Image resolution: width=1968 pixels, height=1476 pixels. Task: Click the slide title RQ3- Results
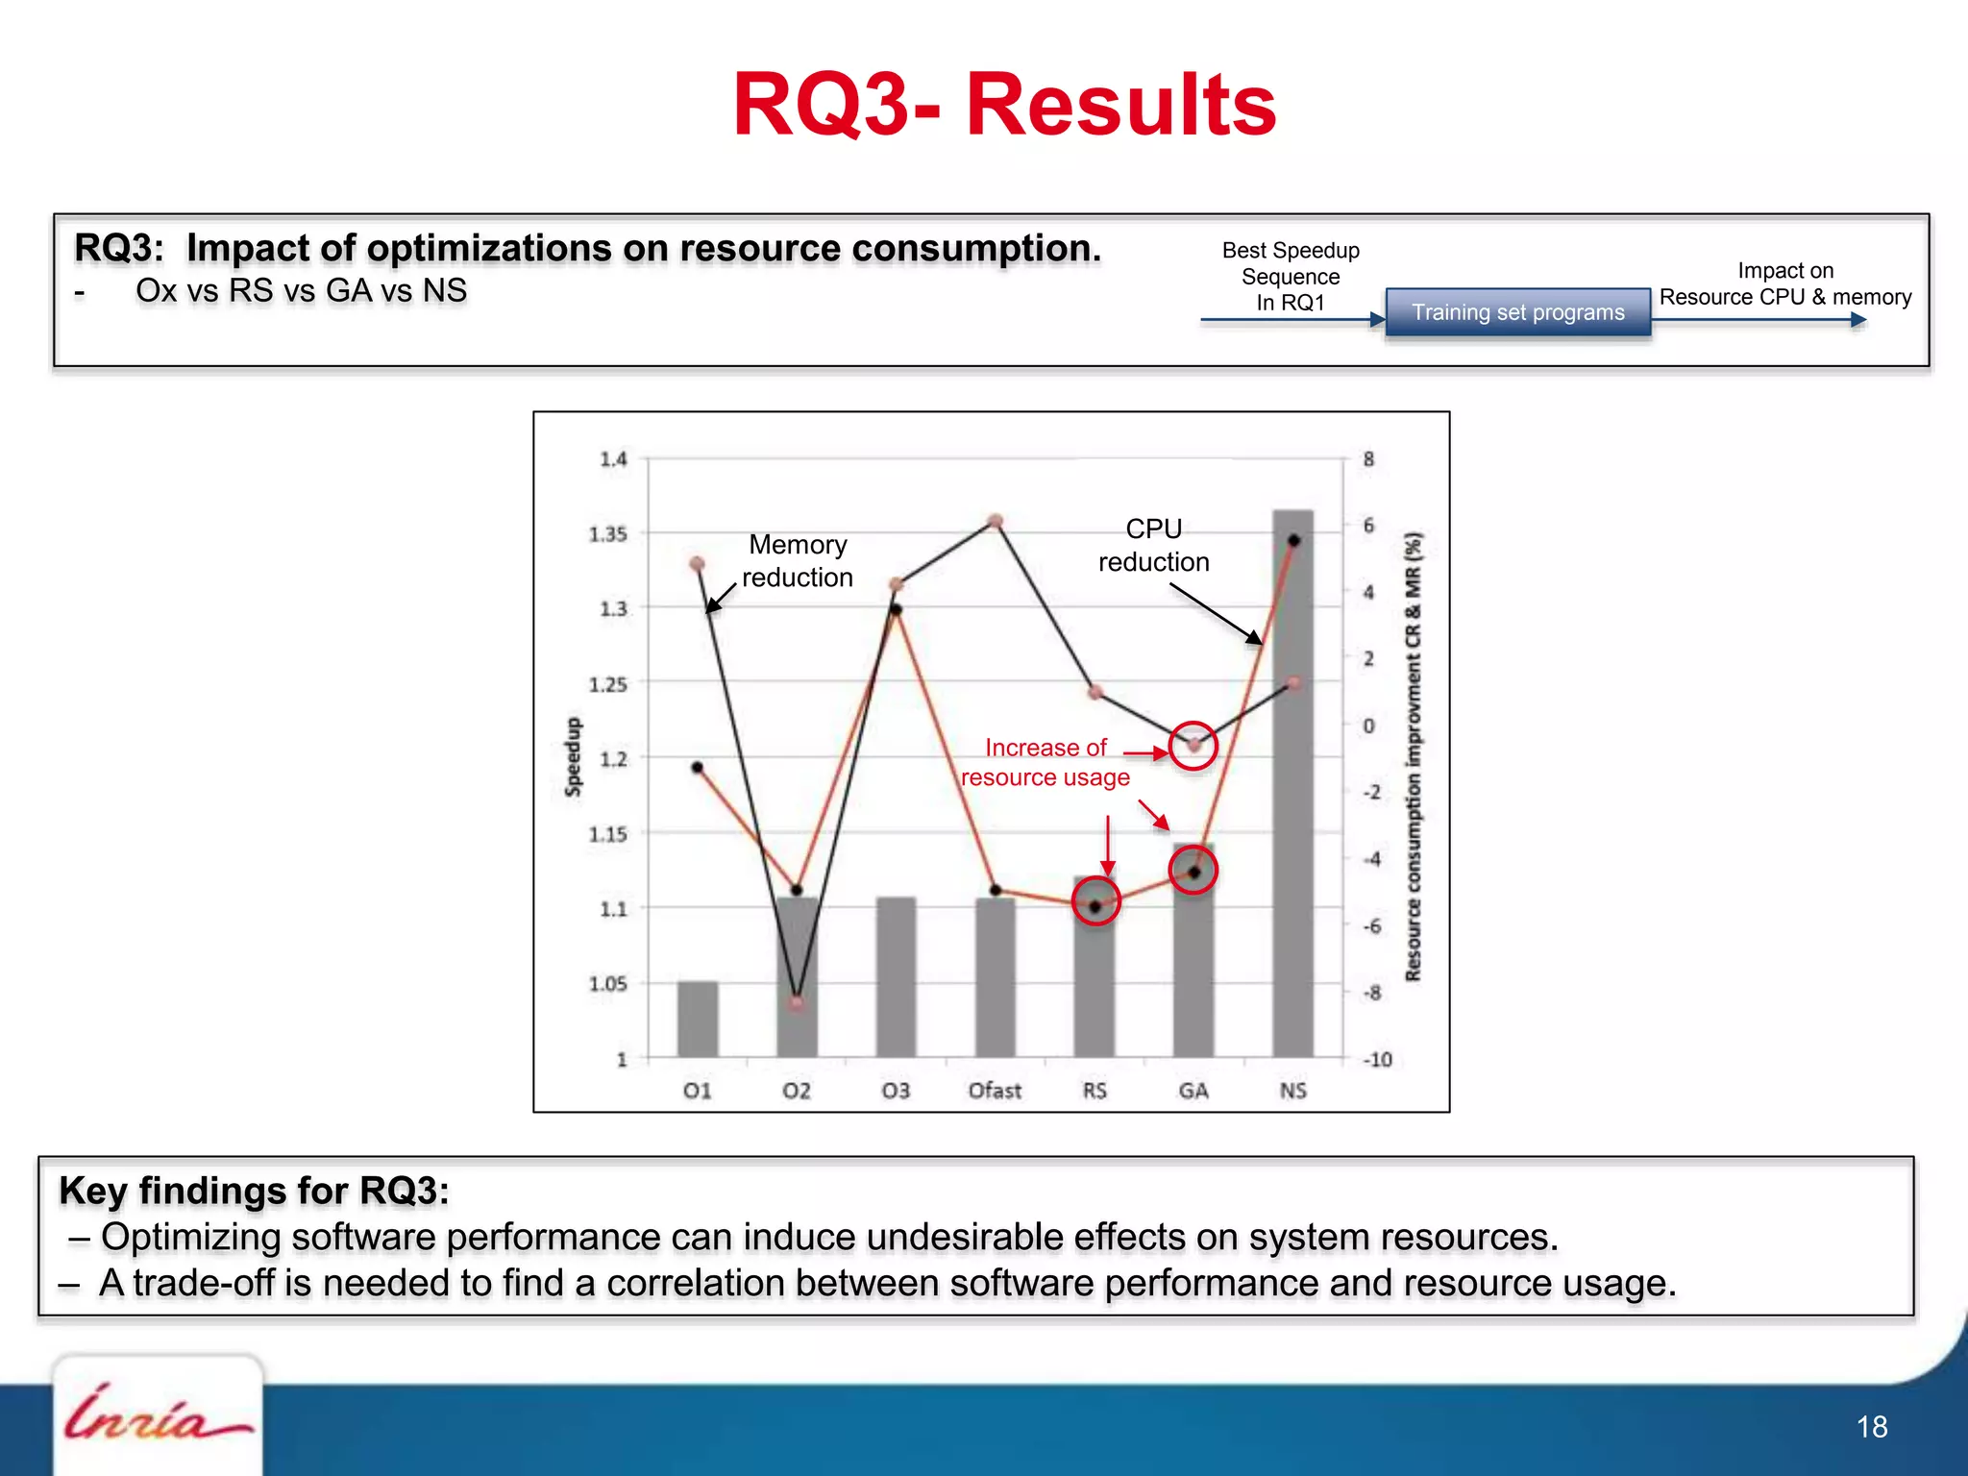[1004, 106]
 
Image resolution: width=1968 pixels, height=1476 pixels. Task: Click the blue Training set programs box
[1517, 312]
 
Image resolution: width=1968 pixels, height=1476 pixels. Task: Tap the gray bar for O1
[698, 1019]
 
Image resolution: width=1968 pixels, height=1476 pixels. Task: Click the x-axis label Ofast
[995, 1091]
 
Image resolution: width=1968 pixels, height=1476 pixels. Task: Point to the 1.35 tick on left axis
[608, 533]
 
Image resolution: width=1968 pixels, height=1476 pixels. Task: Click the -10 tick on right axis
[1377, 1059]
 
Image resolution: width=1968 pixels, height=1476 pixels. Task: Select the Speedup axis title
[573, 756]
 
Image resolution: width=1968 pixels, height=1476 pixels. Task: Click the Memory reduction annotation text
[798, 561]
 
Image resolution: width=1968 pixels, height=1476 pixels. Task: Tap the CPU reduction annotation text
[1153, 546]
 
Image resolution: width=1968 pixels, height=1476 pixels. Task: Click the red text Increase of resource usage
[1045, 762]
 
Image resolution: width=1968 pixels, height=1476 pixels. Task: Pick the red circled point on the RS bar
[1095, 904]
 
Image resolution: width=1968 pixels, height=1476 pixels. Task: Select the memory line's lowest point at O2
[797, 1002]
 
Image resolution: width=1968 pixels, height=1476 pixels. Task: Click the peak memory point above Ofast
[996, 521]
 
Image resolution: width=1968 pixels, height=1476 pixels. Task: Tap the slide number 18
[1871, 1427]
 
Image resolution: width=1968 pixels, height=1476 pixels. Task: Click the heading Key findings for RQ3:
[254, 1191]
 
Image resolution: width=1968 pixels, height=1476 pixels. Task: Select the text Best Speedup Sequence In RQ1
[1291, 277]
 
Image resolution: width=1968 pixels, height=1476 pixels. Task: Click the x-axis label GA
[1193, 1091]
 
